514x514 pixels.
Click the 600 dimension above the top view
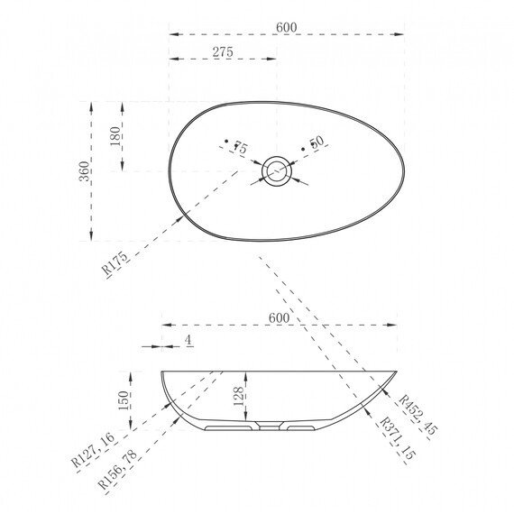[x=287, y=27]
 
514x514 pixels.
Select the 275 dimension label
[x=223, y=51]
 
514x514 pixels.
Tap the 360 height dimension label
[x=84, y=171]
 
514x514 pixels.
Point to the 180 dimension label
[x=115, y=136]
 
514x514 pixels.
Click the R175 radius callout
[x=115, y=263]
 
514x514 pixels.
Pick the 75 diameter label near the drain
[x=240, y=147]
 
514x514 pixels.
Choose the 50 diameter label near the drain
[x=317, y=142]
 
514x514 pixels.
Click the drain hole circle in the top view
[x=276, y=171]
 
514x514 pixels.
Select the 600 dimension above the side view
[x=279, y=317]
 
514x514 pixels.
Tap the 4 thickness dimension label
[x=188, y=340]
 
